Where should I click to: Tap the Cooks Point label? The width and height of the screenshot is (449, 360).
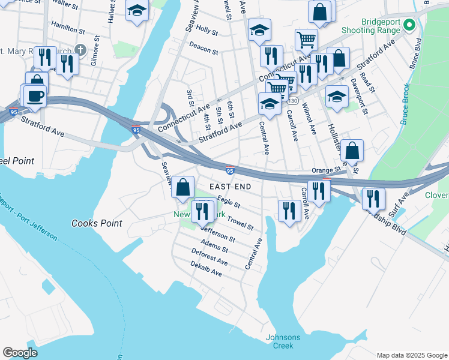click(x=97, y=223)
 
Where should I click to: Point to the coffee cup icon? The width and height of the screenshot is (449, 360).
click(x=35, y=95)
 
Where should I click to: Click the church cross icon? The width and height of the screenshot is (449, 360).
click(x=97, y=49)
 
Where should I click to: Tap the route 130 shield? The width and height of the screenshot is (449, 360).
click(x=292, y=100)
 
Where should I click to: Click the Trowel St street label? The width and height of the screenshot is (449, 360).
click(x=240, y=224)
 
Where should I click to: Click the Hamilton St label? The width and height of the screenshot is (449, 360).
click(x=68, y=28)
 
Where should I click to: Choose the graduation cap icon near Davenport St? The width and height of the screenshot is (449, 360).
click(x=337, y=96)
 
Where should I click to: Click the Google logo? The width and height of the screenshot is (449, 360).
click(x=20, y=353)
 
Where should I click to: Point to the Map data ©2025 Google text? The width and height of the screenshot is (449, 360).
click(x=412, y=355)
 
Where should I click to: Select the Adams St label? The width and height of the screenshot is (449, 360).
click(x=214, y=245)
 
